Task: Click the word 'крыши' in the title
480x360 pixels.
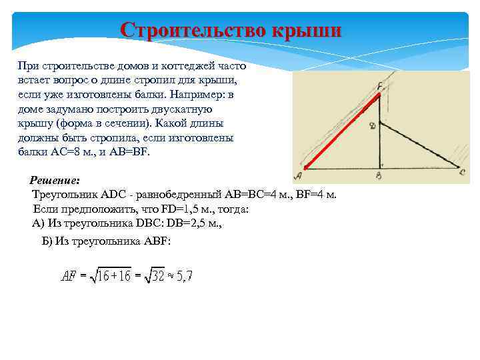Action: tap(306, 31)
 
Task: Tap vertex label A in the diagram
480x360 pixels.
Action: tap(297, 175)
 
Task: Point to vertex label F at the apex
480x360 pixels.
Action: tap(379, 86)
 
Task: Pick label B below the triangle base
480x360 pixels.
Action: tap(378, 176)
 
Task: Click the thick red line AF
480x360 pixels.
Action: tap(340, 133)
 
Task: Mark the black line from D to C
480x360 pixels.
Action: tap(420, 145)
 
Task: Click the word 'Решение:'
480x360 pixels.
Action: tap(55, 181)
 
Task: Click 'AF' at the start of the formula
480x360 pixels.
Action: tap(69, 276)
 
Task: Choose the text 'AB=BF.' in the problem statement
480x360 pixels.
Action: tap(132, 151)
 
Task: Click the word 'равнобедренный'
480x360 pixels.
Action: tap(169, 195)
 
